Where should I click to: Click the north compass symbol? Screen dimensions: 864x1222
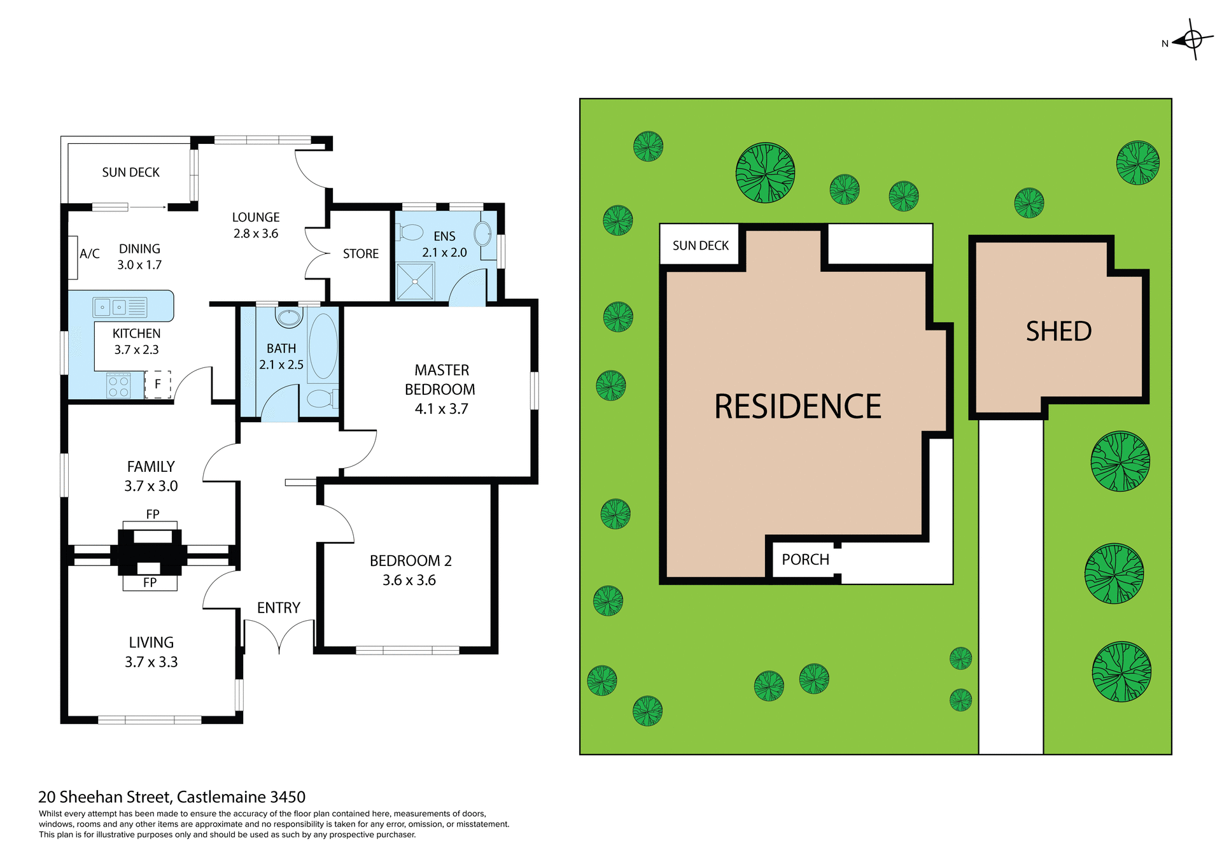coord(1192,40)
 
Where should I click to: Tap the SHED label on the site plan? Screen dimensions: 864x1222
coord(1058,332)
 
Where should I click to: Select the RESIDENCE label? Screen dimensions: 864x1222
coord(797,407)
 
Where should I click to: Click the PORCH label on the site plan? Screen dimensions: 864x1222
coord(805,560)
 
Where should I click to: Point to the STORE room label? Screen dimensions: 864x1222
coord(360,254)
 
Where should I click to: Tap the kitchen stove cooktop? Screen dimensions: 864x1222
coord(118,386)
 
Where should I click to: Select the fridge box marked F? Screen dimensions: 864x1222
coord(158,385)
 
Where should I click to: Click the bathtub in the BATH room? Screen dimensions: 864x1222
coord(323,347)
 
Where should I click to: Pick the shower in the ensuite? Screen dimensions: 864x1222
coord(414,281)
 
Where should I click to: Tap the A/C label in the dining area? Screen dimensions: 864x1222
coord(89,254)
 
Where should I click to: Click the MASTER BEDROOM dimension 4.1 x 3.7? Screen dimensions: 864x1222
coord(441,409)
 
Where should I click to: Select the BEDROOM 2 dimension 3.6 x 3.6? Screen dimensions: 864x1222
coord(409,581)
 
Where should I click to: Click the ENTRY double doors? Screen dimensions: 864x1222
coord(279,637)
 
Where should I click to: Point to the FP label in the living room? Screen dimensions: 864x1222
coord(150,583)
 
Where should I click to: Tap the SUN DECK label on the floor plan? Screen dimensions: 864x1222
coord(130,173)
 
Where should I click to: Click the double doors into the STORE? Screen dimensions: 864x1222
coord(316,253)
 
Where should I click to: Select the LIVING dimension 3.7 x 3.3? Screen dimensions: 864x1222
coord(151,662)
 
